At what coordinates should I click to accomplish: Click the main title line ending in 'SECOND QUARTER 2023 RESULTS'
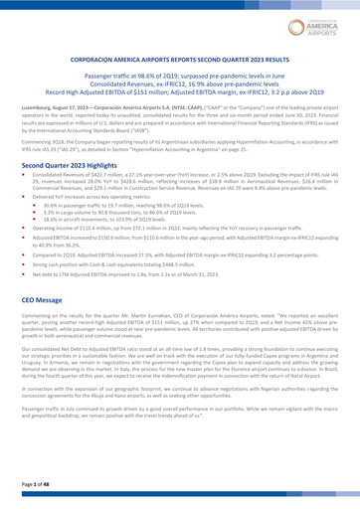[180, 59]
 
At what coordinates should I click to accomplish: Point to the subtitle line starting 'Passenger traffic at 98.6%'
[180, 75]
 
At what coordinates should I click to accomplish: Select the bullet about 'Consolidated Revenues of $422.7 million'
[184, 183]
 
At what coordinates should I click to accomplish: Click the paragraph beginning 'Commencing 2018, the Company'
[180, 144]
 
